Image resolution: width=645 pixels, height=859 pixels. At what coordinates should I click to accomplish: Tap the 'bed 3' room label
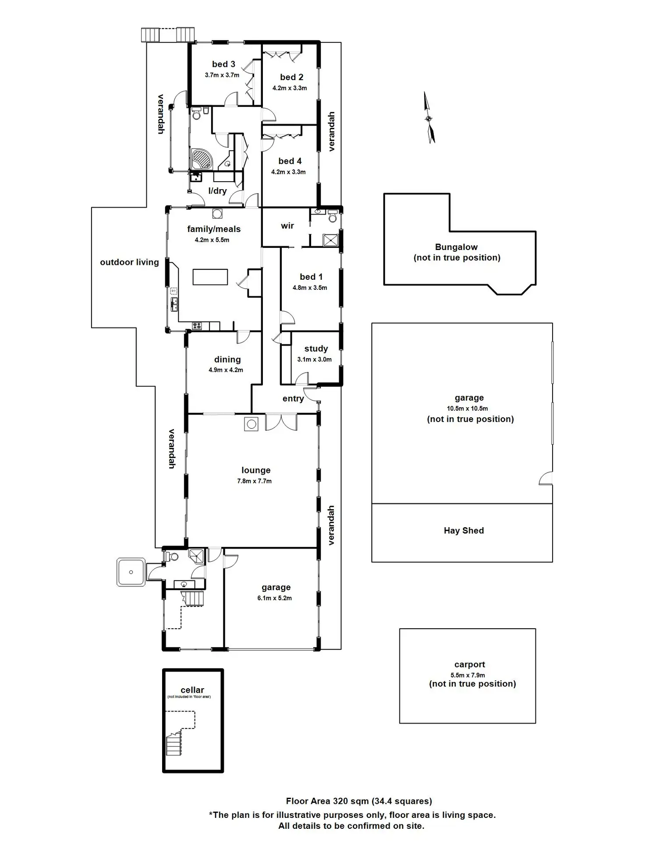223,64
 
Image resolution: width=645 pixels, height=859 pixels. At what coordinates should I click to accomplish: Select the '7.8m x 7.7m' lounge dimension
254,481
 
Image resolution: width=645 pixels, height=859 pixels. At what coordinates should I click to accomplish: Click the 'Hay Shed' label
464,531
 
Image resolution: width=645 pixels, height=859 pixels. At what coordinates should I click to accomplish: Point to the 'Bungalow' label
456,247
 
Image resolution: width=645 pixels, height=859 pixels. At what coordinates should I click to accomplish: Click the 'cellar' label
192,690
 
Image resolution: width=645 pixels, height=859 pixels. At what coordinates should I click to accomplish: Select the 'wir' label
287,226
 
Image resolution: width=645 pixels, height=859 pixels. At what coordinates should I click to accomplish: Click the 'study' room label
316,349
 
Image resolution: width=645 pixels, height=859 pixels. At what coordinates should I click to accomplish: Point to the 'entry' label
293,399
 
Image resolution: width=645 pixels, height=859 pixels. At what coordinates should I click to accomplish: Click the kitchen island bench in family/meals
210,277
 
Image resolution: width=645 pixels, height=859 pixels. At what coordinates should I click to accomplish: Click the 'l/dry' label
217,191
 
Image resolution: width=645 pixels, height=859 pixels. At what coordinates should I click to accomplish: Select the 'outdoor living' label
129,262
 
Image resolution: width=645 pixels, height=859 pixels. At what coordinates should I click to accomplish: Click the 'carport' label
470,665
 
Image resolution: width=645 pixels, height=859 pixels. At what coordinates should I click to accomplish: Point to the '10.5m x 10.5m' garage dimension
467,408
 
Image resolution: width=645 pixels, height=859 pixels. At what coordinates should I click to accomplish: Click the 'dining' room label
227,359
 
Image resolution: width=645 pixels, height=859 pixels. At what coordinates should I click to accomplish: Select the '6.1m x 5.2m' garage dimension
275,598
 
